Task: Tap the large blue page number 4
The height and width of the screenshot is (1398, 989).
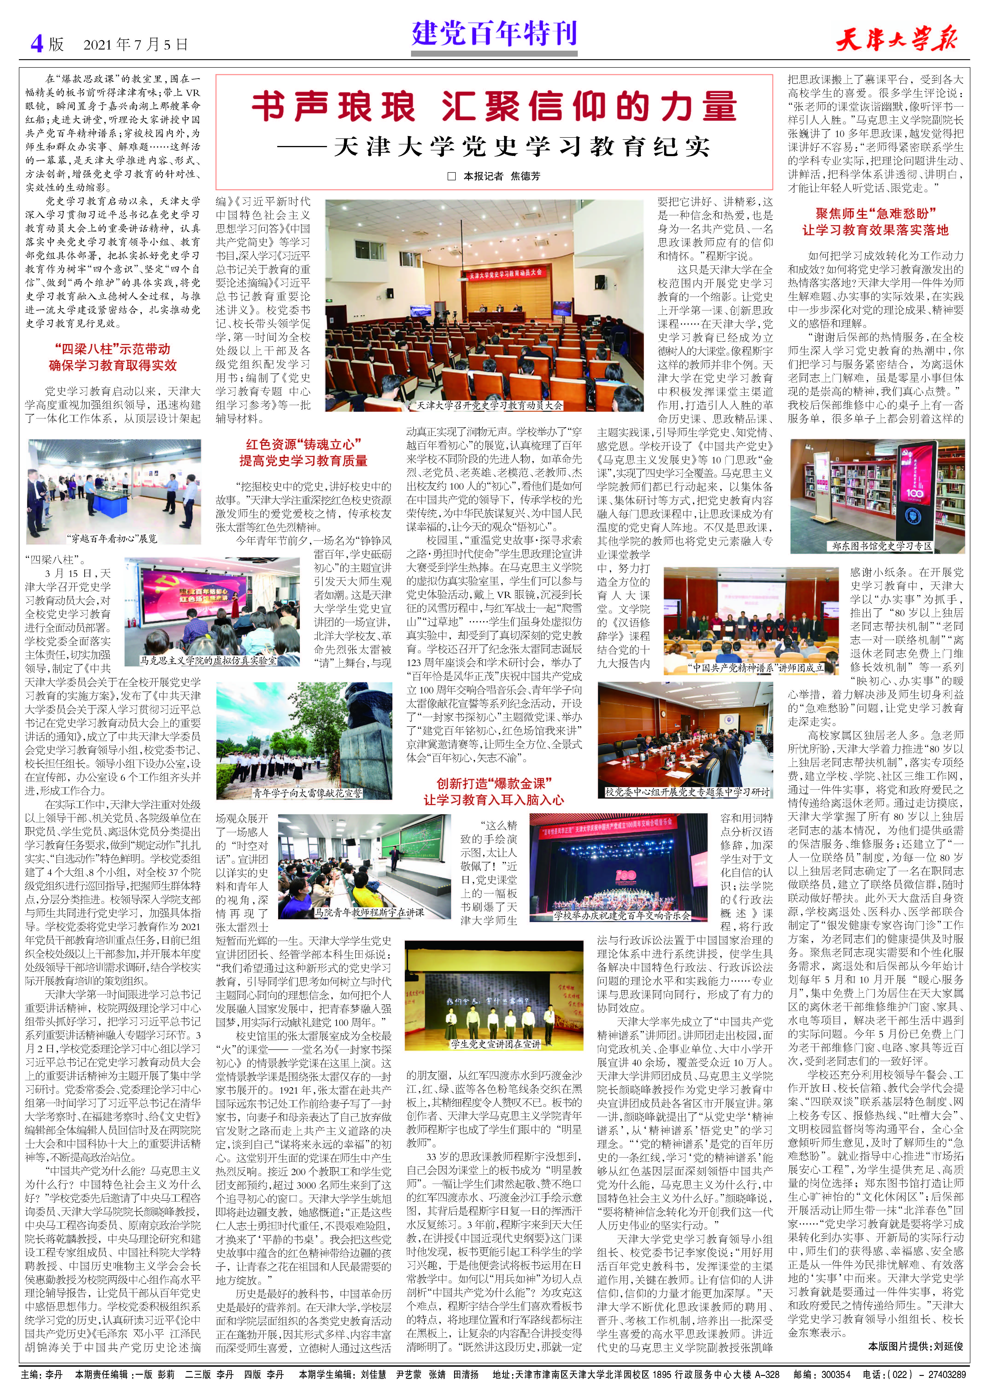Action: click(x=38, y=44)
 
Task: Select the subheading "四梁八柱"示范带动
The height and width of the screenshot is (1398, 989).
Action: click(x=113, y=349)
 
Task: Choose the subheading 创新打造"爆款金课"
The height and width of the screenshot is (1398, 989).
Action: click(x=493, y=783)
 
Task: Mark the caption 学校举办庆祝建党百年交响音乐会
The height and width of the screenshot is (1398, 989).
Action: click(x=621, y=915)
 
